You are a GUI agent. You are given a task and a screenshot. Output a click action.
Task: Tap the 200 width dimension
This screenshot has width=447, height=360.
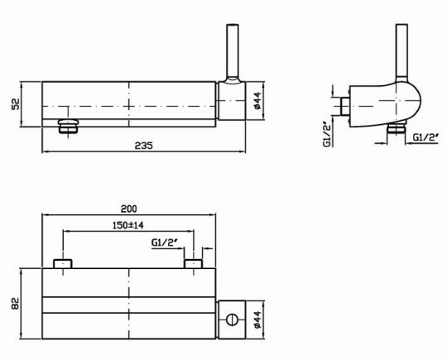tap(128, 208)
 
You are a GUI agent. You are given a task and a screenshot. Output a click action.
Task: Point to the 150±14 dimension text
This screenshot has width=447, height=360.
tap(127, 225)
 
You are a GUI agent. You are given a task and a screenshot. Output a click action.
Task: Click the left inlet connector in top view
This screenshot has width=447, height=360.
tap(64, 263)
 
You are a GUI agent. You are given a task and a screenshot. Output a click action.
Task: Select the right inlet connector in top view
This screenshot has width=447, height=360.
tap(193, 263)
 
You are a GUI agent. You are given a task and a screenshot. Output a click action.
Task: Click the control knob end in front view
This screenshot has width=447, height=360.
tap(233, 103)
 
